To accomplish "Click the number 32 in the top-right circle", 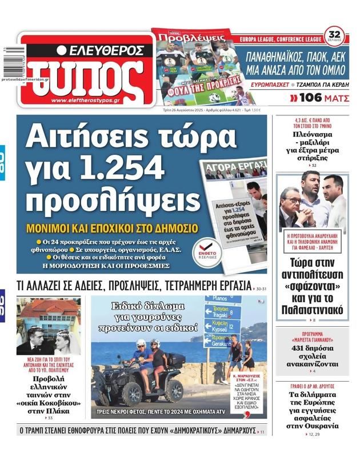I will [334, 33].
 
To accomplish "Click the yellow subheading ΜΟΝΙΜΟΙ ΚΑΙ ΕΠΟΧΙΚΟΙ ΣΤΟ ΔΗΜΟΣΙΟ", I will [113, 228].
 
